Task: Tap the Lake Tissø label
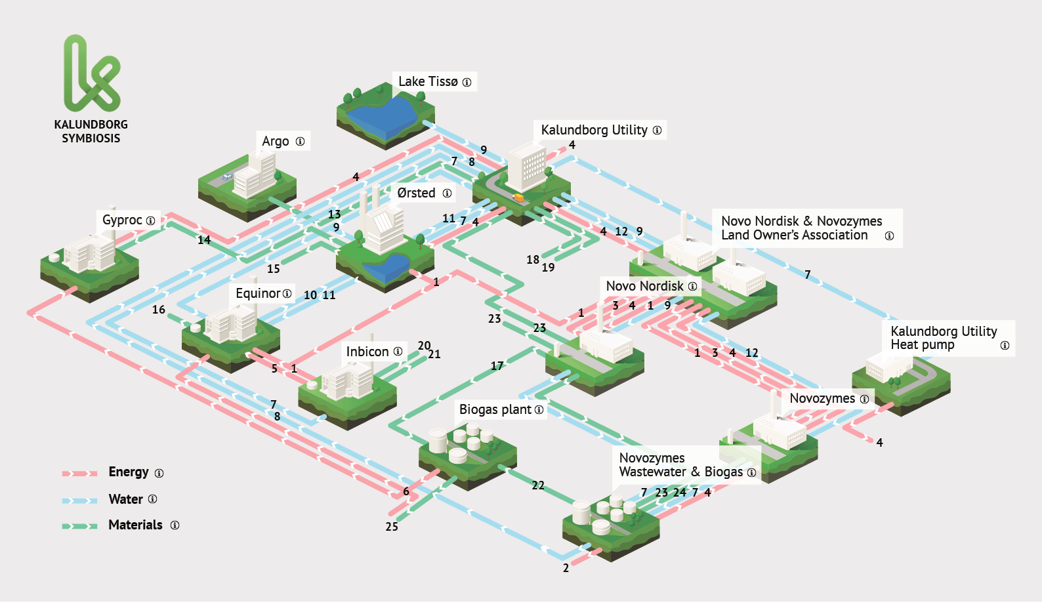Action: point(428,82)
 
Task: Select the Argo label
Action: point(276,141)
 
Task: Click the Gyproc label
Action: point(122,220)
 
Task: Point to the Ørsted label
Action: point(416,193)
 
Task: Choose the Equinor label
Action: point(258,293)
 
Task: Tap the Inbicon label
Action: point(367,352)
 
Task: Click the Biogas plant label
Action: point(495,409)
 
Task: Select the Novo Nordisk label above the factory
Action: point(644,286)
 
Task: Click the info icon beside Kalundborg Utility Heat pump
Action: point(1005,346)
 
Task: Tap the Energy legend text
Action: point(129,472)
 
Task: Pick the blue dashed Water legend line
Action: point(79,501)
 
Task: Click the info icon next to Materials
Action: point(175,525)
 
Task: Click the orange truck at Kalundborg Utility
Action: point(518,197)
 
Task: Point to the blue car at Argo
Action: point(226,176)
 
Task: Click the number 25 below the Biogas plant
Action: point(392,527)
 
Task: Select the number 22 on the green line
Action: point(538,485)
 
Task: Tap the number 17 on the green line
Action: point(497,366)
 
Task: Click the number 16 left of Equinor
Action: point(159,310)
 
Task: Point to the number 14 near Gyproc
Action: point(204,240)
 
